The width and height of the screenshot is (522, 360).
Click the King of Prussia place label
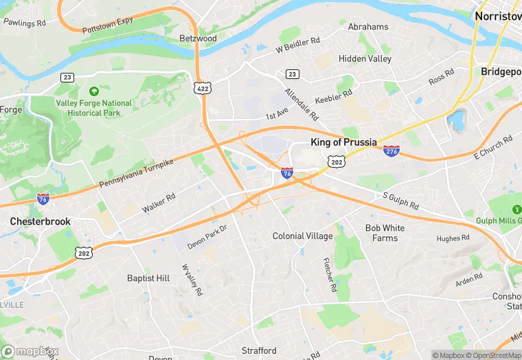point(343,142)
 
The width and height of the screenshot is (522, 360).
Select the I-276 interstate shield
point(391,150)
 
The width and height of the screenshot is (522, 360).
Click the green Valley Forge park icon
point(93,91)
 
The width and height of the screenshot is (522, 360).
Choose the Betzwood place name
point(198,38)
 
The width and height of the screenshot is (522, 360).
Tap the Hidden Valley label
point(365,59)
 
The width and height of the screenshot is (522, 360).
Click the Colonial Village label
point(302,236)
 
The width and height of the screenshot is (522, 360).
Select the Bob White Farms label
point(385,233)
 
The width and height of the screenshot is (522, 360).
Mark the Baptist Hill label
point(148,278)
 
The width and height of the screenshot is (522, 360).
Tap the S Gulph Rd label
point(400,201)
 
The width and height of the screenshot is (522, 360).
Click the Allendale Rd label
point(302,104)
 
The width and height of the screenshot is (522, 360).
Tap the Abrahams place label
point(368,27)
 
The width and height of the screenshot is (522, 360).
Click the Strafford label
point(259,350)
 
